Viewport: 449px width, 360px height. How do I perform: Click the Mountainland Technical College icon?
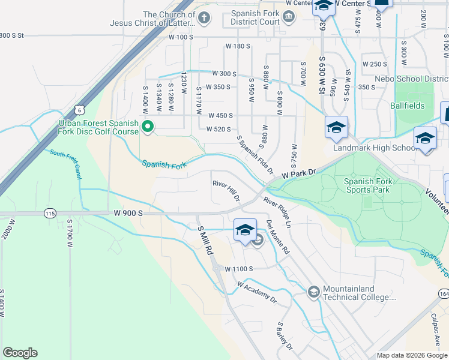click(x=313, y=292)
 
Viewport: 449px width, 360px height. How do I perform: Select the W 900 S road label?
click(x=128, y=213)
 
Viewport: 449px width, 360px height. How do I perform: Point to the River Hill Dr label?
click(x=226, y=190)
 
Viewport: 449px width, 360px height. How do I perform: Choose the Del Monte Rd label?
click(x=277, y=237)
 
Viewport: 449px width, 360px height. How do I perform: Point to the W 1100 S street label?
click(x=240, y=269)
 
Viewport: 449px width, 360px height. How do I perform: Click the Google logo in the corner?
click(x=20, y=353)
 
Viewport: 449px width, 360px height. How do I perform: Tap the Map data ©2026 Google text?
click(x=412, y=355)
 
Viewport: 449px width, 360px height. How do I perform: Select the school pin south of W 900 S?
click(x=244, y=230)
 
